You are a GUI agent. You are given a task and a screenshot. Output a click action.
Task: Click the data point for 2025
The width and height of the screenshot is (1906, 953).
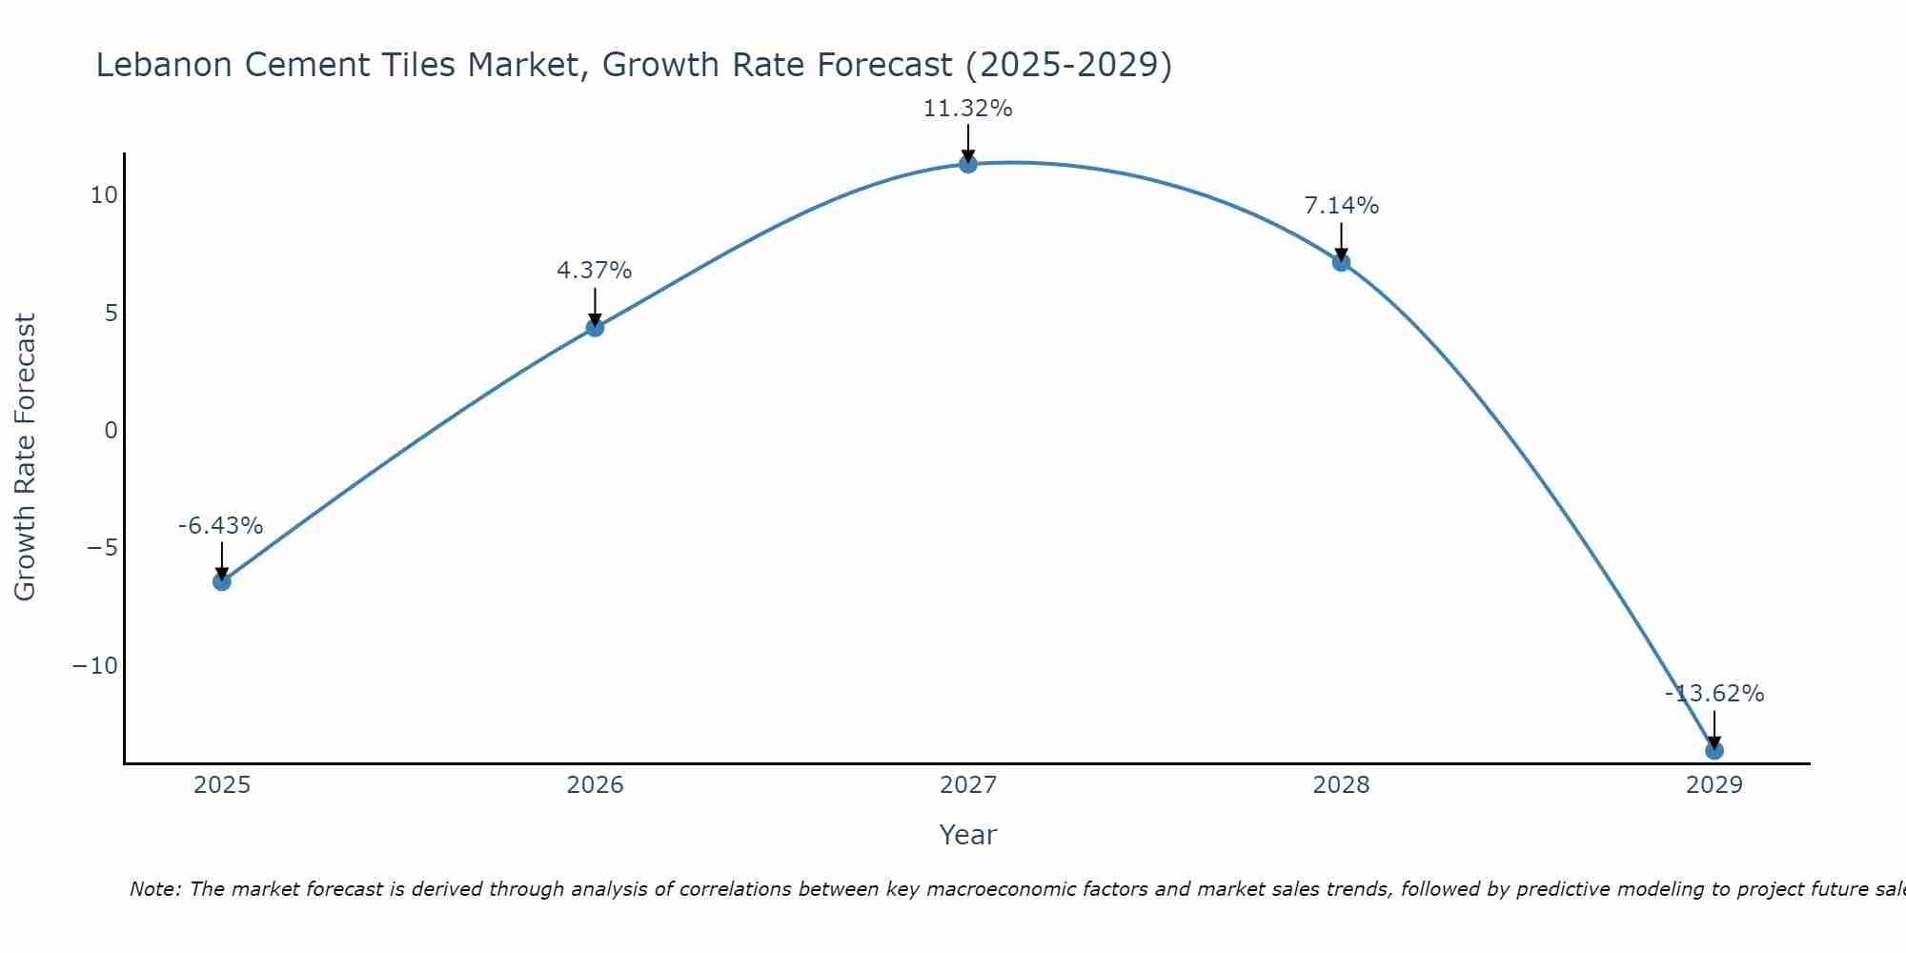[x=222, y=581]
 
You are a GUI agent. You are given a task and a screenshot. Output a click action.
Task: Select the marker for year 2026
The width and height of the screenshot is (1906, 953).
[x=595, y=327]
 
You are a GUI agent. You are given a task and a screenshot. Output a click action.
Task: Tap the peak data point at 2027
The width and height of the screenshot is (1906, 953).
[x=968, y=164]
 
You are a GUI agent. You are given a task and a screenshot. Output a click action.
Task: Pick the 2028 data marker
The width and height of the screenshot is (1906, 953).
[x=1341, y=262]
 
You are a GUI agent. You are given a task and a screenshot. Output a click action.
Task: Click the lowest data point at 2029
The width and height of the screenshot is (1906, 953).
[x=1714, y=750]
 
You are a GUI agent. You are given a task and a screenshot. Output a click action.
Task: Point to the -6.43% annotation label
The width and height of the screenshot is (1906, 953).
[x=220, y=526]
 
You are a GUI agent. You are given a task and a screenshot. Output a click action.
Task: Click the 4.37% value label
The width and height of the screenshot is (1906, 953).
[x=594, y=271]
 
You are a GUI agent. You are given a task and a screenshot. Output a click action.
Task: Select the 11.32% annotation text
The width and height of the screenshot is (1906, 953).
[x=967, y=109]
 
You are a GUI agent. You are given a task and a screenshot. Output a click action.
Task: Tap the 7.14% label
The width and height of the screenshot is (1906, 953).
[x=1341, y=206]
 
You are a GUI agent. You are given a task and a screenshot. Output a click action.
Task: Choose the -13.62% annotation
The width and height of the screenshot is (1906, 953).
[x=1714, y=694]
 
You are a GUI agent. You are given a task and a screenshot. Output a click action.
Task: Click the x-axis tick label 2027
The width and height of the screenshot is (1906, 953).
[x=968, y=785]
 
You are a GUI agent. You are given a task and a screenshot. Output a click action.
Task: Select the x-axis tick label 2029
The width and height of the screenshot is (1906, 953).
[x=1714, y=785]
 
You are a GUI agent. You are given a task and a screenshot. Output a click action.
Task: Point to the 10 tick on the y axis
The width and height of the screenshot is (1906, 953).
[x=104, y=195]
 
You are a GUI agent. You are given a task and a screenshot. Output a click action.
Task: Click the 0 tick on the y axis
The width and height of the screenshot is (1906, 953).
[x=112, y=431]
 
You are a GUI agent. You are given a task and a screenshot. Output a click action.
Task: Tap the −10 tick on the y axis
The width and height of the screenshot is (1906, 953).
[x=95, y=665]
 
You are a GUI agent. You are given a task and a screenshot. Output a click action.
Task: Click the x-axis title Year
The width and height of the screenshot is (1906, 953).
[x=967, y=835]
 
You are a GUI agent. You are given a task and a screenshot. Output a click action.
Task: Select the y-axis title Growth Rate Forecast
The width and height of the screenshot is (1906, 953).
[x=25, y=457]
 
